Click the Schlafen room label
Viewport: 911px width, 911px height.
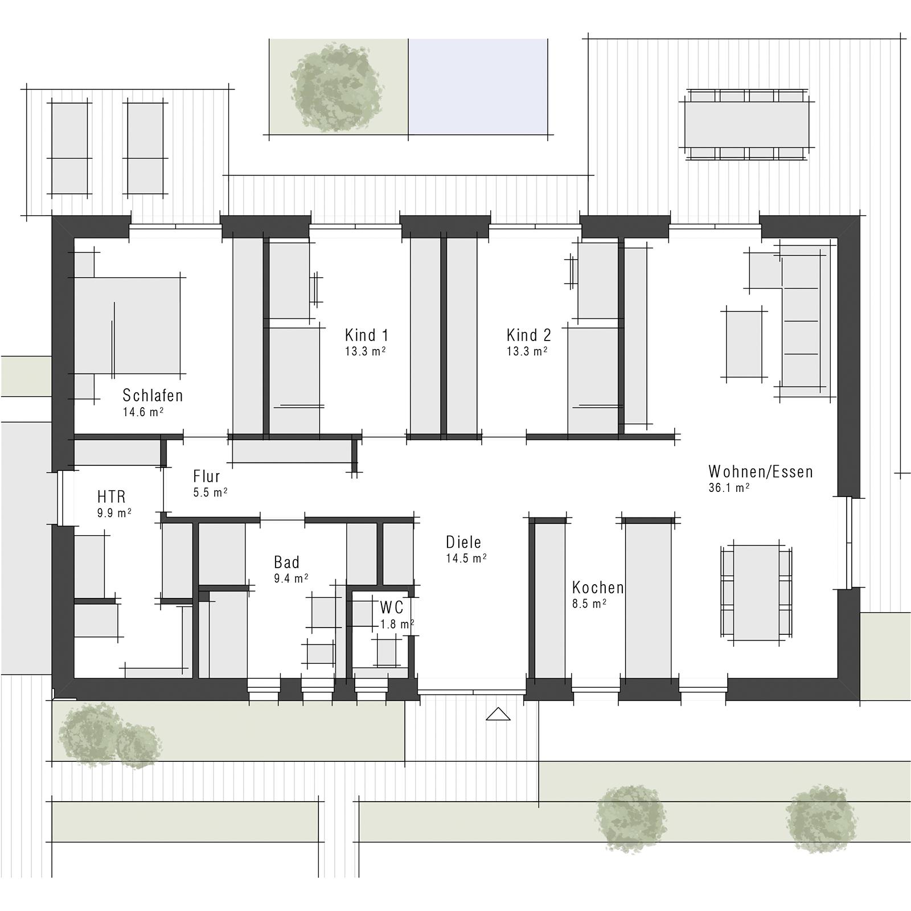coord(153,395)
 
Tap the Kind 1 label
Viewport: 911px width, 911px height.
coord(367,335)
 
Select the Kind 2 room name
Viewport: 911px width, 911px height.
coord(529,335)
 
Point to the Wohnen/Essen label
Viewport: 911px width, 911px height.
coord(761,471)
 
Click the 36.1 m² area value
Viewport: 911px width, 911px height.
coord(729,488)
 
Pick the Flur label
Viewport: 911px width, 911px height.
coord(206,477)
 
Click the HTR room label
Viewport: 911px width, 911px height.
coord(111,496)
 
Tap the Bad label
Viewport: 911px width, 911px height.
coord(286,563)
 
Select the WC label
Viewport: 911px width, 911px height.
coord(392,607)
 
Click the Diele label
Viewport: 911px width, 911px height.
coord(463,542)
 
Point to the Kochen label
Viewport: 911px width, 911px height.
coord(598,588)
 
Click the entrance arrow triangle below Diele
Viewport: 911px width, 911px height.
coord(498,714)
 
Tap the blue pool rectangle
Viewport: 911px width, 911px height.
coord(478,87)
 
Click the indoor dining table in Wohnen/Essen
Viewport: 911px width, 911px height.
coord(756,593)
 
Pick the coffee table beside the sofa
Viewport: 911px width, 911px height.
coord(744,344)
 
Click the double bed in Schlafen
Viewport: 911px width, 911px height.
coord(128,326)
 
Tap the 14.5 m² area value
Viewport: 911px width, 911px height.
coord(466,559)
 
